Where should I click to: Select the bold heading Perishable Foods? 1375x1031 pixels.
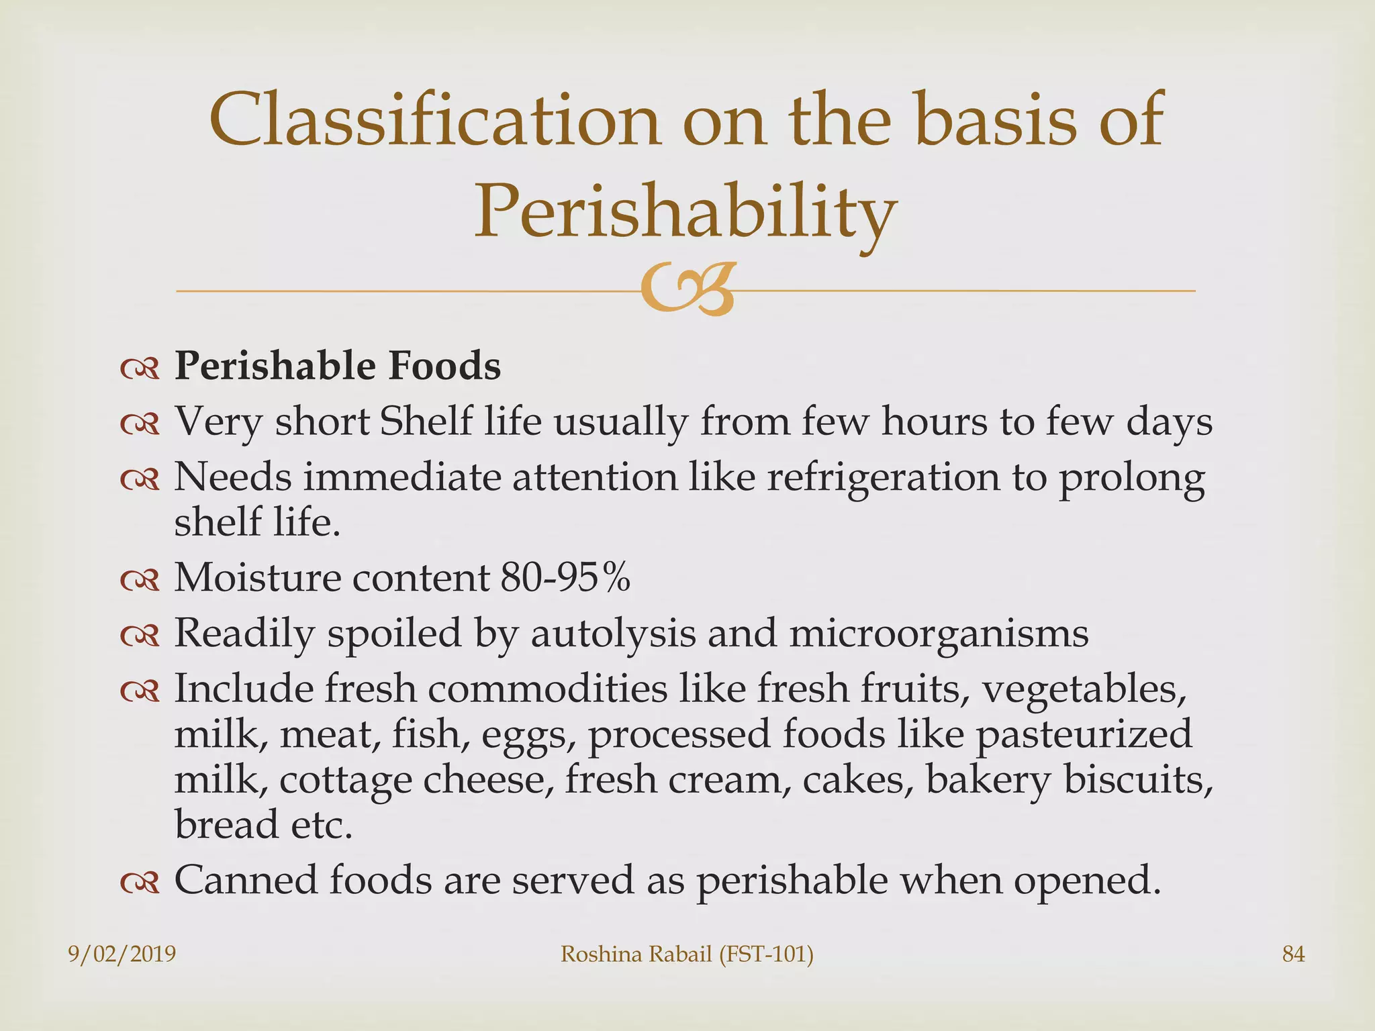(338, 366)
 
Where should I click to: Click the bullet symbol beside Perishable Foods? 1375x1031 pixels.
(140, 369)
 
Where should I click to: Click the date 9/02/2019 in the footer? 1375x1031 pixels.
(122, 954)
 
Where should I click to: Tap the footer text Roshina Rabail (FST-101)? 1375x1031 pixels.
(687, 954)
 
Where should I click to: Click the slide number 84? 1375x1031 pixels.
(1293, 954)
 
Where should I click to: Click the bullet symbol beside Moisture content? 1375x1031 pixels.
(140, 579)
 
